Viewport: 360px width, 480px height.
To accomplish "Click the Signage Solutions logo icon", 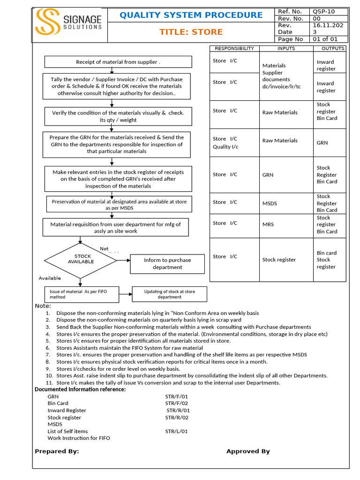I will [x=47, y=22].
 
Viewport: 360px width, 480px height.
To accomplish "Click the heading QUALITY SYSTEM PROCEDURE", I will [x=191, y=15].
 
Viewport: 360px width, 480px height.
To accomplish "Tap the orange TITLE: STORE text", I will [x=191, y=32].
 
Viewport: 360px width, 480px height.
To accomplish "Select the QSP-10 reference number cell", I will [x=330, y=11].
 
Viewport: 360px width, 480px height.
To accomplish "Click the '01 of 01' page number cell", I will [x=330, y=39].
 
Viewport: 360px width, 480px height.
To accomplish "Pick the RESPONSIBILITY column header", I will [x=234, y=48].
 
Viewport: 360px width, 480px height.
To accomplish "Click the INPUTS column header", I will [x=286, y=48].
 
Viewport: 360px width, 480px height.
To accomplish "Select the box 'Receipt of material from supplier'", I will [x=118, y=62].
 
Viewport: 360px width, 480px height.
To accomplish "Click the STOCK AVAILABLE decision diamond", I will [x=81, y=259].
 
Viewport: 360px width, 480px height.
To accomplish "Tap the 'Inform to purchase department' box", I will [x=167, y=263].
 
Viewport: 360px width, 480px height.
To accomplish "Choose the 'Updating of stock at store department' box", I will [x=169, y=294].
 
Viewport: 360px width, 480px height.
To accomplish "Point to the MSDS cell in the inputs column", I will [x=270, y=203].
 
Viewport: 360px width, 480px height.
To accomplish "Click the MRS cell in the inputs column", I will [x=268, y=225].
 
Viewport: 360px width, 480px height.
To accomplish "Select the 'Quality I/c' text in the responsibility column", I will [x=225, y=147].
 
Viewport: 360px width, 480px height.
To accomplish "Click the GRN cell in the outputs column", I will [x=322, y=142].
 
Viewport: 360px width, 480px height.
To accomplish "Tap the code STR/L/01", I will [x=176, y=431].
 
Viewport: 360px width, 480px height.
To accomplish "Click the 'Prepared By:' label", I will [x=57, y=451].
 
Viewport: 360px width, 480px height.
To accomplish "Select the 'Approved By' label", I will [x=248, y=451].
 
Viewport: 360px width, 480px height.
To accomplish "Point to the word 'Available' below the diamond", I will [x=50, y=278].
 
